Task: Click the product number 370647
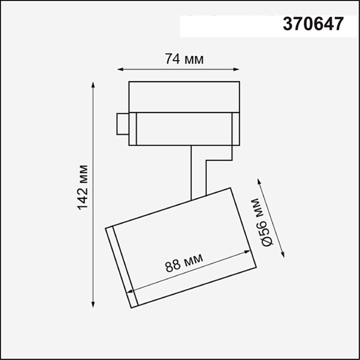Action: click(x=314, y=24)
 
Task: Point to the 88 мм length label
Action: click(x=184, y=264)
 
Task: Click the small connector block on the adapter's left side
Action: click(x=122, y=124)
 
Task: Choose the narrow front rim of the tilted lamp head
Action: click(x=122, y=266)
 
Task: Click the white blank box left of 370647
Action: click(x=229, y=25)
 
